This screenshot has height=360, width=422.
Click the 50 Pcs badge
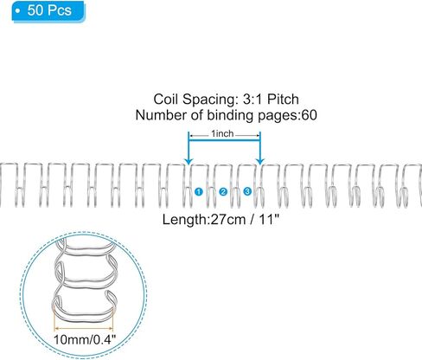pos(48,11)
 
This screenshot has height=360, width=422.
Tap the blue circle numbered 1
pos(199,191)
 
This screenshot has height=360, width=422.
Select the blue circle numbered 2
pos(223,191)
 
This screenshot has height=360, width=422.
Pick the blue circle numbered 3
pos(247,191)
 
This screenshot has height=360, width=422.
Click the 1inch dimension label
pos(222,134)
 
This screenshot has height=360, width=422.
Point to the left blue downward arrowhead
pos(189,161)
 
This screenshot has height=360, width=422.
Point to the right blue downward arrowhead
pos(260,161)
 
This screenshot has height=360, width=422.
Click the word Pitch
pos(283,100)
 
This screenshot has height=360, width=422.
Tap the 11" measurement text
pos(270,220)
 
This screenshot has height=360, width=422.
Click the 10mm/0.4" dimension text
pos(85,339)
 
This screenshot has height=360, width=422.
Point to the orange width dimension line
pos(84,328)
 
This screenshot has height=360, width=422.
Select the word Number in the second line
pos(157,115)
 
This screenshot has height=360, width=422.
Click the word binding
pos(231,115)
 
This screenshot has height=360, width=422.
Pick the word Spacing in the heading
pos(209,100)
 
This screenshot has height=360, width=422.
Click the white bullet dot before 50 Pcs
pos(18,11)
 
